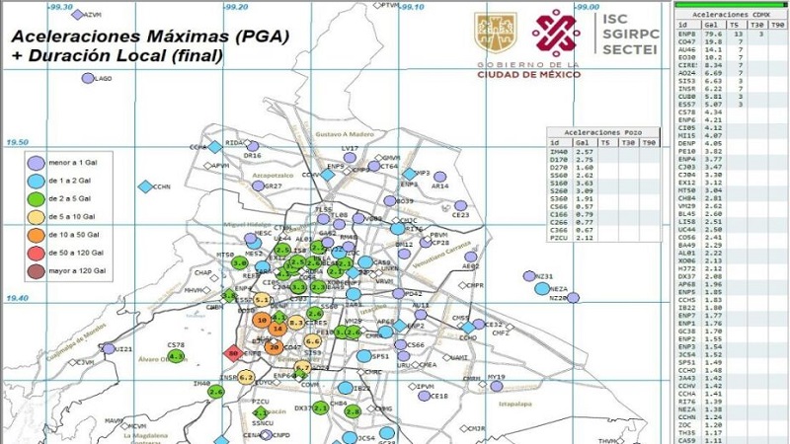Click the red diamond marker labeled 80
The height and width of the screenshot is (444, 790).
pos(234,353)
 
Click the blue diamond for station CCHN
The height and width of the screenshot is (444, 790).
pos(145,186)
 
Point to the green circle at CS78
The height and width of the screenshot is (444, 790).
pos(177,356)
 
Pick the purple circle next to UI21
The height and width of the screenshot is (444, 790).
pos(108,348)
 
